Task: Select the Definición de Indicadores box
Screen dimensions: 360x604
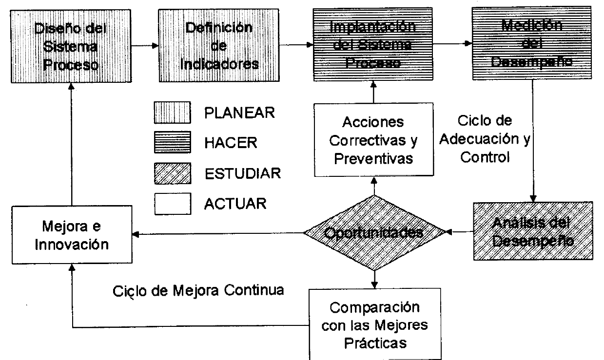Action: click(x=219, y=46)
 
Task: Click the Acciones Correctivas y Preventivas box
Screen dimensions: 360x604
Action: click(x=373, y=139)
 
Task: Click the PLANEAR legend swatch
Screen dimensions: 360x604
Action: click(x=171, y=114)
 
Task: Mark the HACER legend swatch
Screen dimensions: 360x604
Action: click(x=171, y=143)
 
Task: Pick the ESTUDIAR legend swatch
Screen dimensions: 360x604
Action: click(x=171, y=173)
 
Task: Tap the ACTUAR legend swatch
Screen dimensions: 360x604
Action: click(x=171, y=203)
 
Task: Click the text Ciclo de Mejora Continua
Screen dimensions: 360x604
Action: click(x=198, y=291)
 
